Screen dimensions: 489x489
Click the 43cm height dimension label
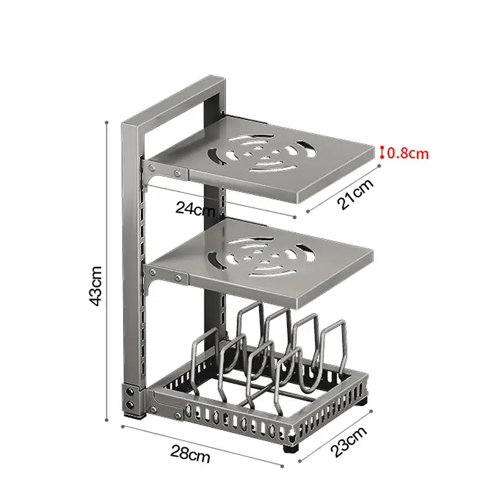96,285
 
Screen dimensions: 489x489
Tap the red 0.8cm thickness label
408,154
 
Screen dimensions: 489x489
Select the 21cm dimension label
355,194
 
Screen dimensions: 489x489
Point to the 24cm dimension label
196,208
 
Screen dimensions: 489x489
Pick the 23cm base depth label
348,442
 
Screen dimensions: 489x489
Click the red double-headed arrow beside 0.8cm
381,153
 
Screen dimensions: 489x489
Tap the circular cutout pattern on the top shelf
262,153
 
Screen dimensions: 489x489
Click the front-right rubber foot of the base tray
291,448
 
